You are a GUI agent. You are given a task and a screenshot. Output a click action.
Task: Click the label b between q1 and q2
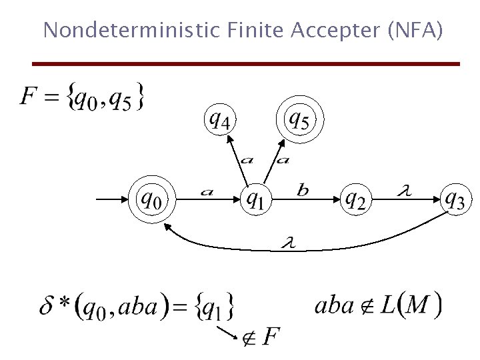point(303,191)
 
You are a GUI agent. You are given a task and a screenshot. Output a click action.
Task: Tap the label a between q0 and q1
point(207,193)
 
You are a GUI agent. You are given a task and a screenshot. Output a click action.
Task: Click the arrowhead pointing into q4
point(229,139)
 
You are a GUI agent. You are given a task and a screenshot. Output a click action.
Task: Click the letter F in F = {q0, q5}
point(29,97)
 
